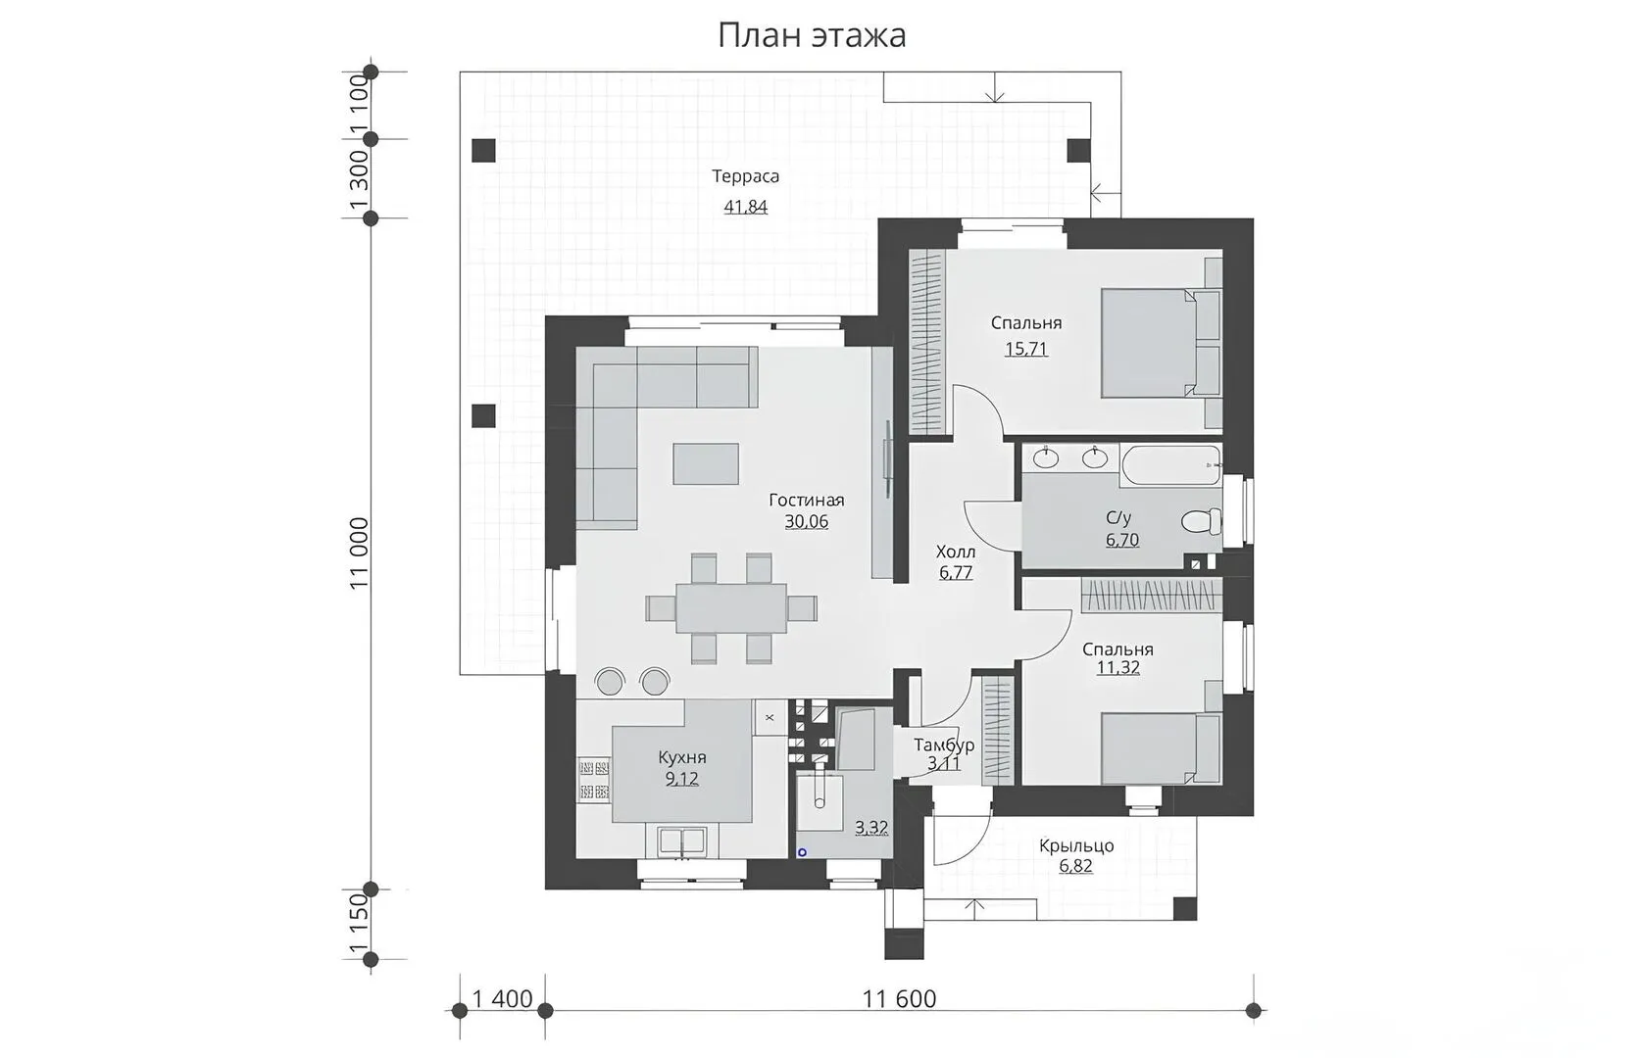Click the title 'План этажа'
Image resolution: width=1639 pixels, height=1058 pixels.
tap(812, 36)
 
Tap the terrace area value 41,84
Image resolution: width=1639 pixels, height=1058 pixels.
tap(746, 207)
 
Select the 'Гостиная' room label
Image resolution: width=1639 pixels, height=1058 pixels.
tap(807, 501)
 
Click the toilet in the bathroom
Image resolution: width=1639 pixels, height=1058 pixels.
tap(1201, 521)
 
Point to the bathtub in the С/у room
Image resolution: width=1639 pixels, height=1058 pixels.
tap(1170, 465)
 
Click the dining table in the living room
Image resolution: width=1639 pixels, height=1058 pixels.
tap(731, 607)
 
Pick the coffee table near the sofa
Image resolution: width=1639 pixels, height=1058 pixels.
tap(706, 463)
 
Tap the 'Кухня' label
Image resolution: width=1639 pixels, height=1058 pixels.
tap(682, 756)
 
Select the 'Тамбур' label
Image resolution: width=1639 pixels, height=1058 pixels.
tap(944, 745)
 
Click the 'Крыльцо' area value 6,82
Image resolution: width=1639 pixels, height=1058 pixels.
tap(1075, 866)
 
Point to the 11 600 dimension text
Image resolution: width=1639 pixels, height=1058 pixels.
tap(899, 999)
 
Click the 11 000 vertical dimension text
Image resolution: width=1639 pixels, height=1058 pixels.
tap(359, 553)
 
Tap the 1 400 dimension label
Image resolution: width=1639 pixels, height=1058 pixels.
tap(503, 999)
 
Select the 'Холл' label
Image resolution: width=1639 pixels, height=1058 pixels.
tap(956, 553)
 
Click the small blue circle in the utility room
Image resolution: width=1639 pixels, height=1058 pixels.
tap(802, 852)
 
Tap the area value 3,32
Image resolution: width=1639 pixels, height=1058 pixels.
tap(871, 828)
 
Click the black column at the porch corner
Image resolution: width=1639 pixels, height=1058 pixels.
tap(1185, 909)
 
